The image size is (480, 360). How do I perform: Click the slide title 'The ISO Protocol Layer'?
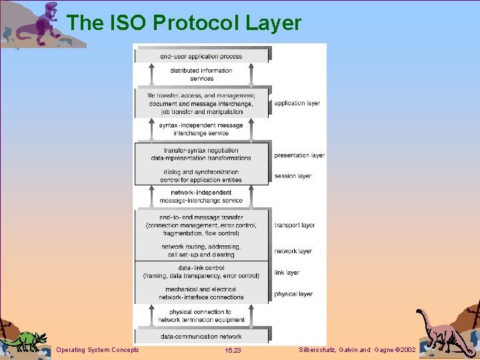(184, 23)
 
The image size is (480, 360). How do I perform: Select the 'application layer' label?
(297, 103)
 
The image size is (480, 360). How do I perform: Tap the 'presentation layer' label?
(299, 155)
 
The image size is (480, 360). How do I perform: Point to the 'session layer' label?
(293, 176)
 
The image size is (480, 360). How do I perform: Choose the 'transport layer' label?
(295, 225)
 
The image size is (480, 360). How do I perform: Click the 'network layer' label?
(293, 251)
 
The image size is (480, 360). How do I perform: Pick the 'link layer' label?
(287, 273)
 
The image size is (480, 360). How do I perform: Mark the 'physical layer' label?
(293, 294)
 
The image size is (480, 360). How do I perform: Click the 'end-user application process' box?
(201, 56)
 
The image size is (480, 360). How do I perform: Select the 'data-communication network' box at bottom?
(201, 337)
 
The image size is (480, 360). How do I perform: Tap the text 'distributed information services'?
(201, 75)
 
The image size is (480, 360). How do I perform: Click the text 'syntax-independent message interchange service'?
(201, 129)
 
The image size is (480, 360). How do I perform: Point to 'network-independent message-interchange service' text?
(201, 197)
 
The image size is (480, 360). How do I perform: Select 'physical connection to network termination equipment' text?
(201, 316)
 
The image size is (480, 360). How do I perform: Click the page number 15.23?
(233, 350)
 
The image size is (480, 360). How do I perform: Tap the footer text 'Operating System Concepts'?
(98, 350)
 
